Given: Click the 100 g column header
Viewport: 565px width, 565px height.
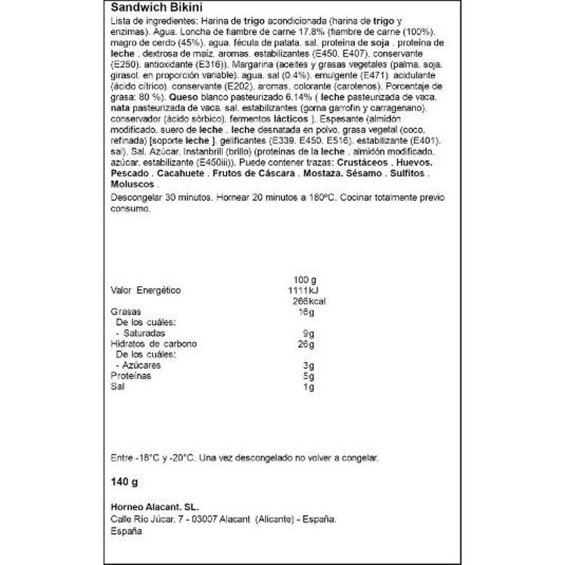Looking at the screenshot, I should pos(304,279).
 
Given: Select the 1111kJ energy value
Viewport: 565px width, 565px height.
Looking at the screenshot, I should pos(301,291).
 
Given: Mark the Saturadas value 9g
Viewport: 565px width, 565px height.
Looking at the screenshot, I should pos(309,334).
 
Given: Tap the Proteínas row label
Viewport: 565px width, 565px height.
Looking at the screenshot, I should pos(131,376).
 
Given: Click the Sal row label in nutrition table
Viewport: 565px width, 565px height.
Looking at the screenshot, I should pos(117,387).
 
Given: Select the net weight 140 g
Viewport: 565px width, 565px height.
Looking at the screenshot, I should pos(125,483).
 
